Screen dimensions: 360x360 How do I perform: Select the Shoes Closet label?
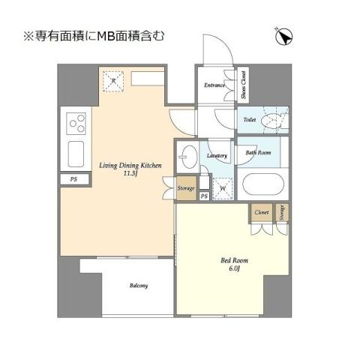click(244, 85)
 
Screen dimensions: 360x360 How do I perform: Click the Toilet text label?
click(249, 119)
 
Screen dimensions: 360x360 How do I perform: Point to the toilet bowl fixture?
click(274, 120)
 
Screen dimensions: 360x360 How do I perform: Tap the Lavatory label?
click(217, 155)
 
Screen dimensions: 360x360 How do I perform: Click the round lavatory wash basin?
click(188, 159)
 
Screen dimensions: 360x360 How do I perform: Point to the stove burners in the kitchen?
click(76, 121)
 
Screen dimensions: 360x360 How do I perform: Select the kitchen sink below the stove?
click(76, 154)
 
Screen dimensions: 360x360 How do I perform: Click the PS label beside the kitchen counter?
click(73, 180)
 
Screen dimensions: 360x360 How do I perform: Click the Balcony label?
click(138, 286)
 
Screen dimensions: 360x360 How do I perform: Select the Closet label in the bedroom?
click(262, 213)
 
